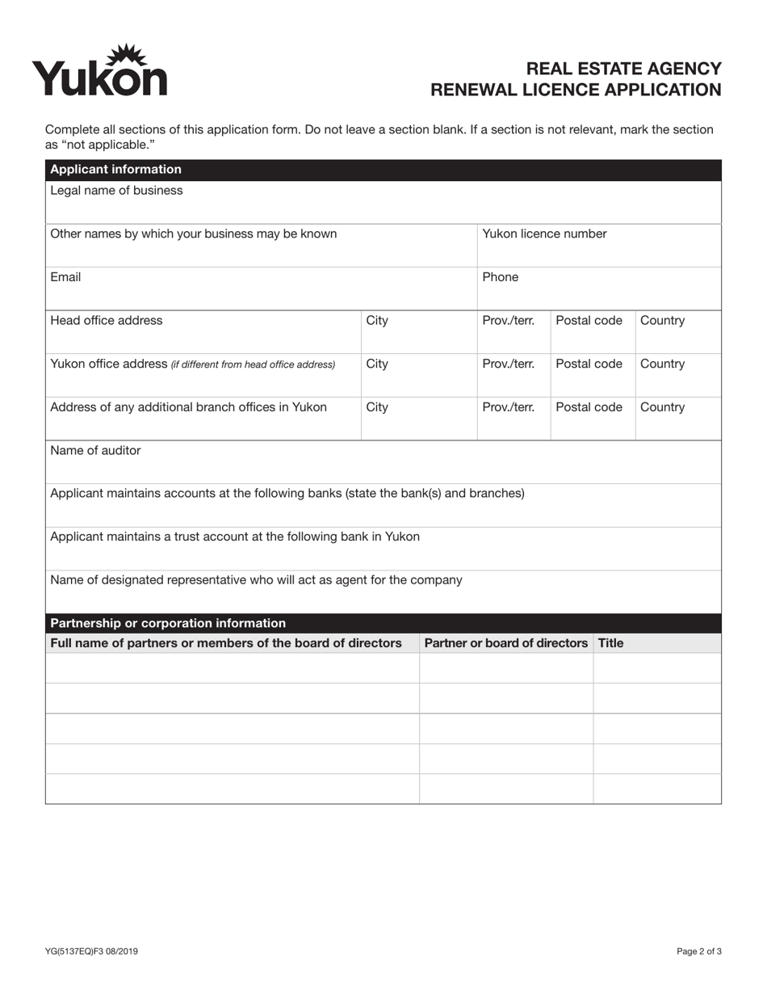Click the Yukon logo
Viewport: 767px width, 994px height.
point(99,71)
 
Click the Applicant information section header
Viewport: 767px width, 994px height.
point(115,170)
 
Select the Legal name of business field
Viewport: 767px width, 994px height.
point(383,203)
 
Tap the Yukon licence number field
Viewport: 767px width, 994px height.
point(598,246)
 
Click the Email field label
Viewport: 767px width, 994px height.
point(65,277)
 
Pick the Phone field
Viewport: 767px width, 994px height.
point(598,289)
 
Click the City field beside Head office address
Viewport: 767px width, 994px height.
point(418,331)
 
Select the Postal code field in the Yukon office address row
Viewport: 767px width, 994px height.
point(593,375)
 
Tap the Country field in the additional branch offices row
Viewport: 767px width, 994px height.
point(677,418)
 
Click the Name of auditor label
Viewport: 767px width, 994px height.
point(95,451)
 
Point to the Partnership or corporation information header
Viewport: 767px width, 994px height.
point(168,623)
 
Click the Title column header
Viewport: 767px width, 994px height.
point(611,643)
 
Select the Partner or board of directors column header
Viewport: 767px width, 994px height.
point(506,643)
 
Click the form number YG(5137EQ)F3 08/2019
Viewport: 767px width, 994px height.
point(91,951)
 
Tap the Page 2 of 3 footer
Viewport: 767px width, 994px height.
point(699,951)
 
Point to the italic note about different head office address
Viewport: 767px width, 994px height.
point(253,364)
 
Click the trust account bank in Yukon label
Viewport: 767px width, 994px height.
point(235,537)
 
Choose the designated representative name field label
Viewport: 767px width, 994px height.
point(256,580)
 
